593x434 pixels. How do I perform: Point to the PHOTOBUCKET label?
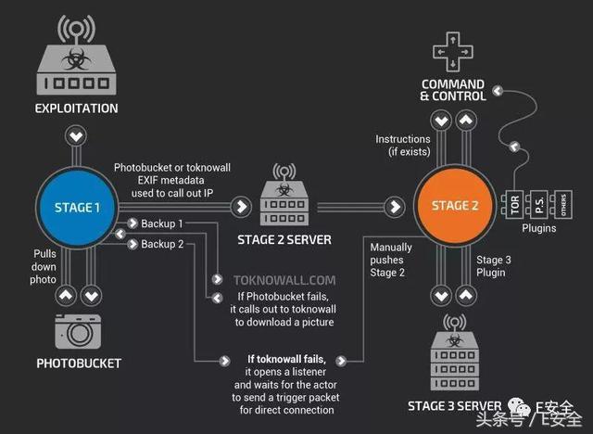78,363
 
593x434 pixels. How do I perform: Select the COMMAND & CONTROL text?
452,90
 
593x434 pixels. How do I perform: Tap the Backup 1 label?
162,224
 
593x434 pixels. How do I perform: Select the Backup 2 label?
162,244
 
